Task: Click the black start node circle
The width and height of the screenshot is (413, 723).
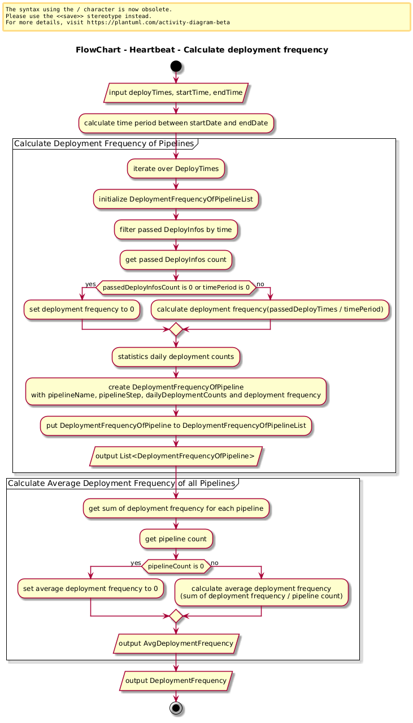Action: [176, 66]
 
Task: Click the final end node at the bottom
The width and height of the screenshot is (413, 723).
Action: [176, 708]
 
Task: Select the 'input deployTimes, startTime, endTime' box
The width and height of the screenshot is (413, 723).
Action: [176, 93]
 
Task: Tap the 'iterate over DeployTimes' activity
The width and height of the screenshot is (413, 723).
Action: [176, 169]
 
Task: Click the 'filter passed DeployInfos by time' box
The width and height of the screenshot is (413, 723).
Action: [176, 230]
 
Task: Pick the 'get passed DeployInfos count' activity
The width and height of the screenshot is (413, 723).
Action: [176, 260]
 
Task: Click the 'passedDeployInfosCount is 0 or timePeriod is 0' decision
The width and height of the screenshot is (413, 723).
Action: [176, 287]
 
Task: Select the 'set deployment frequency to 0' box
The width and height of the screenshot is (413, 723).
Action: [82, 309]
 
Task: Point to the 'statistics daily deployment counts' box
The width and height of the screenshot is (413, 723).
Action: [176, 357]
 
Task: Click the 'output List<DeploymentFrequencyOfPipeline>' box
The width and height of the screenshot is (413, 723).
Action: [176, 456]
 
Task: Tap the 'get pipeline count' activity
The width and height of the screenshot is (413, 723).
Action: [176, 538]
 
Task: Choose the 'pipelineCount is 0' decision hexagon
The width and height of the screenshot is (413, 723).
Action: [176, 566]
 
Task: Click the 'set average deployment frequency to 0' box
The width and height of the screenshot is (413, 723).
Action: [91, 589]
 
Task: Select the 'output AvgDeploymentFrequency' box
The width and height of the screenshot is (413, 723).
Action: [176, 643]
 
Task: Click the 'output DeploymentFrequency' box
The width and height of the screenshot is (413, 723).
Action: [176, 681]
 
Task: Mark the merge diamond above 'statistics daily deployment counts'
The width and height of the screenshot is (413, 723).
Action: [176, 329]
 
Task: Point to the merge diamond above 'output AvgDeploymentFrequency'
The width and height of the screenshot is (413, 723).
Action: [176, 616]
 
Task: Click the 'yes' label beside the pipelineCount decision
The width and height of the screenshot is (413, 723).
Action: [136, 563]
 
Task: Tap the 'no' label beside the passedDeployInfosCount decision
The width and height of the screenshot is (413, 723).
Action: [260, 284]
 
